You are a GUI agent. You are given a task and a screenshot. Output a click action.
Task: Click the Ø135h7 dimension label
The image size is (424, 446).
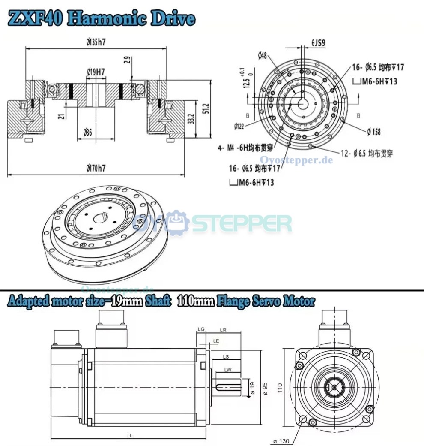click(x=96, y=42)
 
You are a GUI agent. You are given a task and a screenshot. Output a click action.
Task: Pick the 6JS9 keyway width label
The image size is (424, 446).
click(x=318, y=42)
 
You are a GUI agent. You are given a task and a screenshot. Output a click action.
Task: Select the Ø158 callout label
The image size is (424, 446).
click(x=373, y=132)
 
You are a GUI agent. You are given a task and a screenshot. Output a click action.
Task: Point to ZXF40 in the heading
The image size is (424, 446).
click(x=36, y=19)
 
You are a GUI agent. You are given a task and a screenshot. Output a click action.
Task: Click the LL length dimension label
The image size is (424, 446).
click(x=130, y=435)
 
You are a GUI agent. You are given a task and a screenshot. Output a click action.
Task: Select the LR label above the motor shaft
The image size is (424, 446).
click(x=223, y=330)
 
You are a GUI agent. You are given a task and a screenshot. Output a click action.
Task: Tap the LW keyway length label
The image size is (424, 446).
click(x=227, y=369)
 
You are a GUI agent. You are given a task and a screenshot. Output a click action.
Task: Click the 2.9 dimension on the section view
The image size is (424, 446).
click(x=126, y=60)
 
